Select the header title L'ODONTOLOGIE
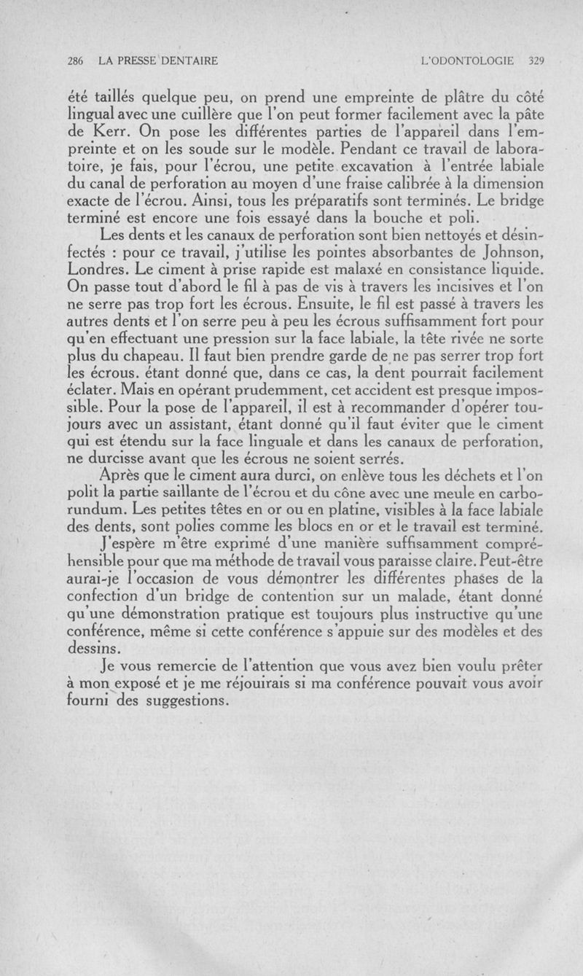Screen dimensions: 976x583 pos(472,61)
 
